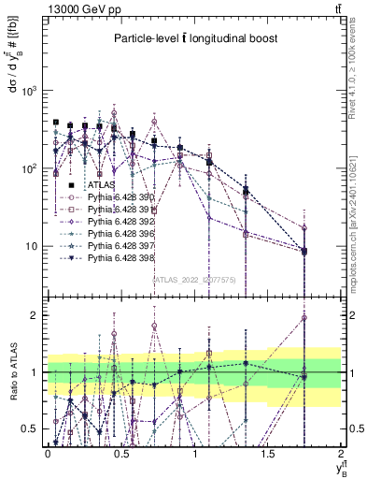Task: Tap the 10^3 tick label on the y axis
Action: tap(29, 91)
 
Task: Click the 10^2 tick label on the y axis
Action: tap(29, 168)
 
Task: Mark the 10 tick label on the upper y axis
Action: tap(32, 246)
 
